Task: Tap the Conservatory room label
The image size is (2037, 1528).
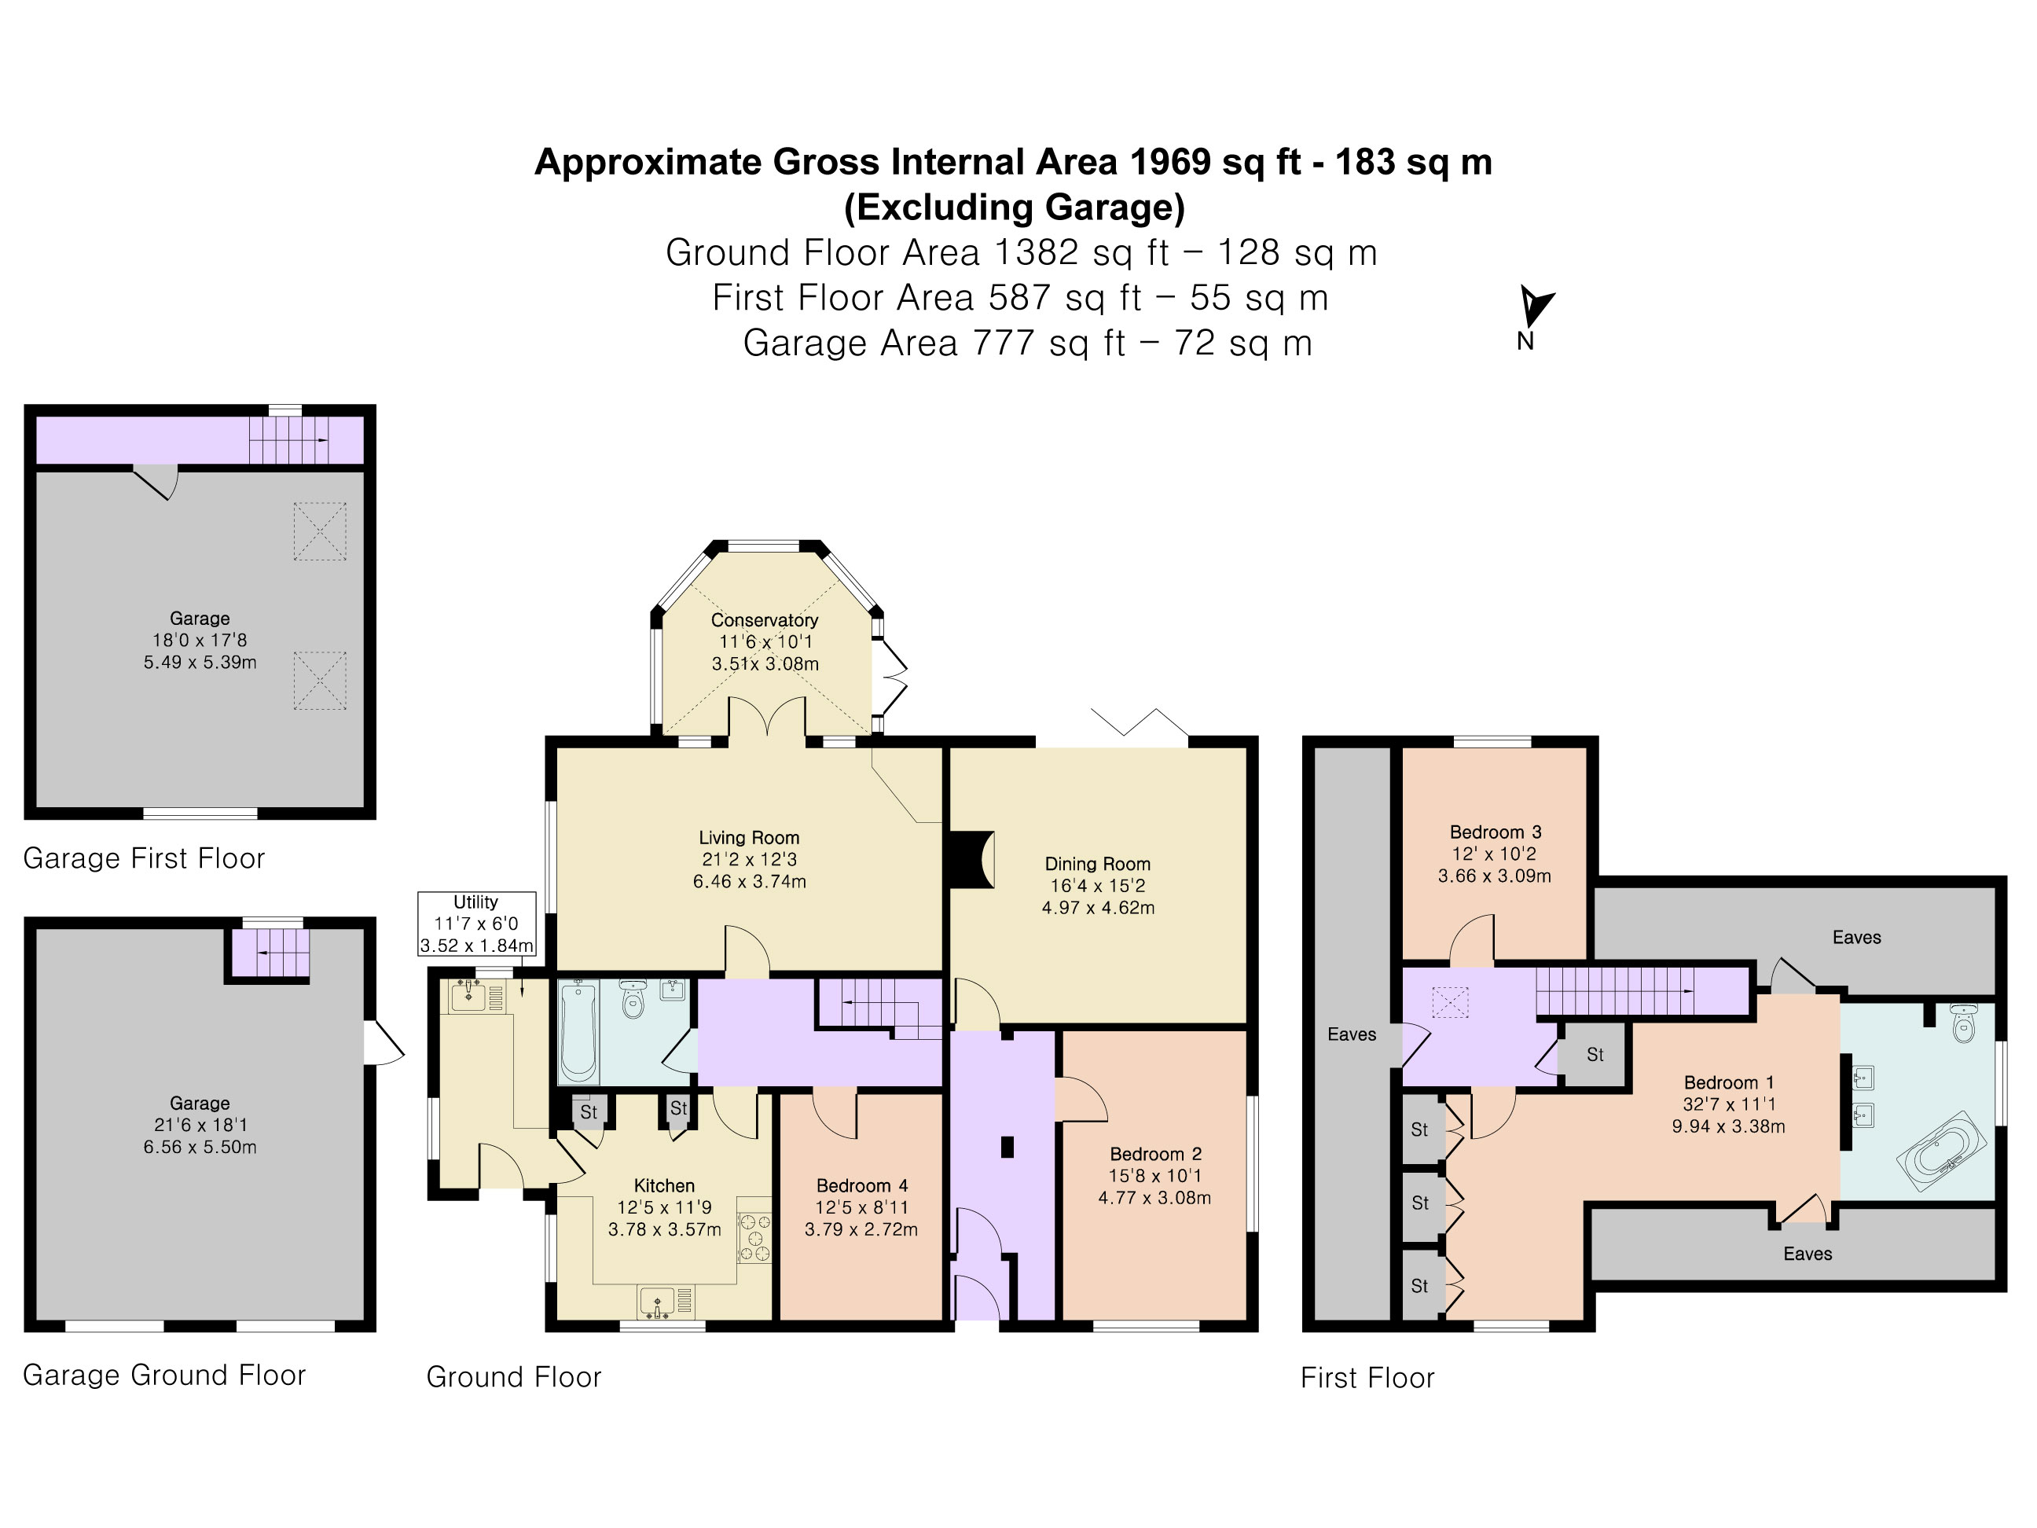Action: click(x=765, y=620)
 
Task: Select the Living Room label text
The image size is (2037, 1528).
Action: click(x=749, y=837)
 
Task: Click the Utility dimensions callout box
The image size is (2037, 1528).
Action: click(x=476, y=924)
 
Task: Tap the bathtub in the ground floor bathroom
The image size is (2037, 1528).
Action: click(x=578, y=1031)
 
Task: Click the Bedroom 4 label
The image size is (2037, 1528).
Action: click(x=862, y=1185)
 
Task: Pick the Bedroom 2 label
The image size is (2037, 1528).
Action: click(x=1156, y=1154)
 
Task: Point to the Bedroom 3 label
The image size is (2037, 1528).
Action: click(x=1496, y=832)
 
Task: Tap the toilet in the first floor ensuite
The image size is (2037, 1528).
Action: click(x=1963, y=1023)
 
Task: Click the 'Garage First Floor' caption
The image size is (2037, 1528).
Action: click(x=144, y=858)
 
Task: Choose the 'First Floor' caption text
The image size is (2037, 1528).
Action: click(x=1367, y=1378)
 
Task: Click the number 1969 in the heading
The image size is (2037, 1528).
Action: click(x=1169, y=162)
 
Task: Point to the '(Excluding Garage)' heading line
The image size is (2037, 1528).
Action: click(x=1014, y=208)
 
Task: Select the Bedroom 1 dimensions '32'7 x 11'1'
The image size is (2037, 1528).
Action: click(x=1728, y=1104)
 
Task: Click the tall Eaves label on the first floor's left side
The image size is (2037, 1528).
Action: click(x=1351, y=1034)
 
